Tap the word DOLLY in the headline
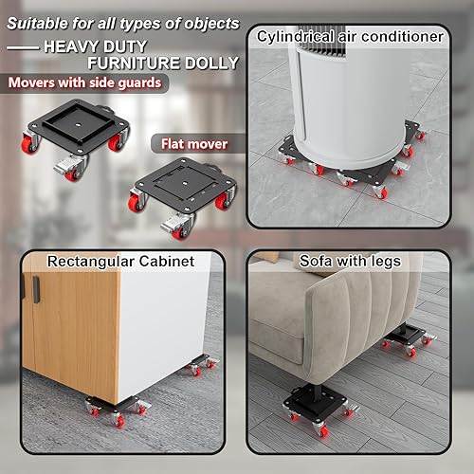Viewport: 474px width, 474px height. (210, 63)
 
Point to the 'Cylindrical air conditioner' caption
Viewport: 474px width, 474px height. (350, 37)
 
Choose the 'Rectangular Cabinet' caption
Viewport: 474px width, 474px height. (109, 261)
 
